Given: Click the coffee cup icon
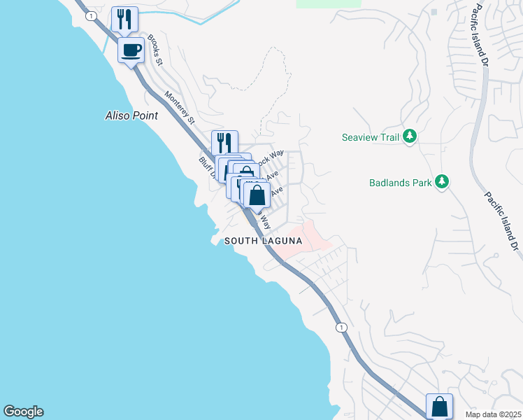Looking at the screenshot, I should coord(131,50).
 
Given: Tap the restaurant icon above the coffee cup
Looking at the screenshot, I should coord(124,19).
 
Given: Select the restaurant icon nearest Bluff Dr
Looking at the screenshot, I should coord(224,143).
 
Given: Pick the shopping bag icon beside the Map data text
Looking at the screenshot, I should coord(439,406).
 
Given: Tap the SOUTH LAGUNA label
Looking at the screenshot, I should coord(263,241).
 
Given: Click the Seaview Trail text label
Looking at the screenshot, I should coord(371,137).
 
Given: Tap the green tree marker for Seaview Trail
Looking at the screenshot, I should coord(410,136).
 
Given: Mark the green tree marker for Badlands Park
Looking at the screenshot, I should coord(441,183).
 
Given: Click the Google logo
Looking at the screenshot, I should coord(23,412).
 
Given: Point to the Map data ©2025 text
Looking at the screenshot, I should coord(492,414).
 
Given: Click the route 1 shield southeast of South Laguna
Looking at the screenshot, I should coord(341,327).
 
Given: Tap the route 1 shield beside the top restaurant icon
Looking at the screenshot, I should coord(90,15).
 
